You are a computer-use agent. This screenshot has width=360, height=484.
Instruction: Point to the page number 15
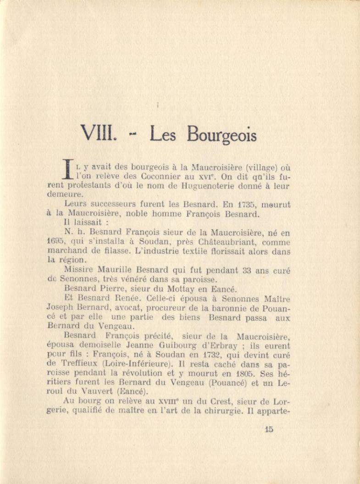(269, 429)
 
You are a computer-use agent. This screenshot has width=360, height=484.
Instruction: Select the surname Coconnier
(172, 177)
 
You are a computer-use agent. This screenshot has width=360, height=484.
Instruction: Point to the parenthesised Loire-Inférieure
(120, 365)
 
